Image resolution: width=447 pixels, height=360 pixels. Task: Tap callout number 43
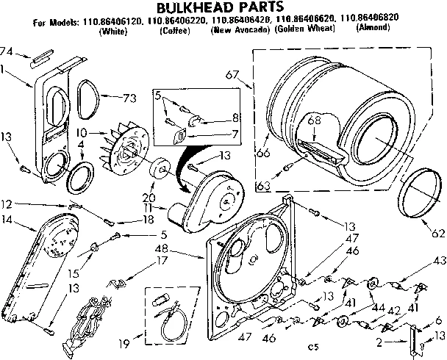439,259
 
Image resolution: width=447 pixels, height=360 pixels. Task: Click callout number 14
8,220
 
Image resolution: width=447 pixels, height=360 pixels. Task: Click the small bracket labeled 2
412,339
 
